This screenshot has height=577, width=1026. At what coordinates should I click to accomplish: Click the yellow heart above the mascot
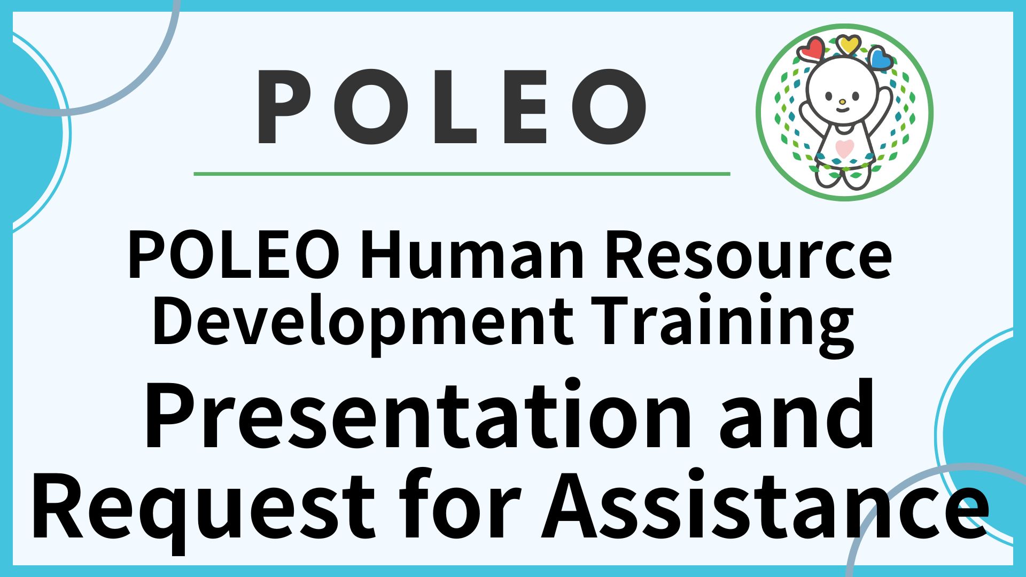848,44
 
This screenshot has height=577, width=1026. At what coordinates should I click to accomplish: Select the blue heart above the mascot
880,58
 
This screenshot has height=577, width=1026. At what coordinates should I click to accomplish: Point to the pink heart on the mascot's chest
843,147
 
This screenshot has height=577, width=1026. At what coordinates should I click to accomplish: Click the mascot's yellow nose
842,102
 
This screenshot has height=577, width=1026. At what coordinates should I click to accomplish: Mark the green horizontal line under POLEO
462,174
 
